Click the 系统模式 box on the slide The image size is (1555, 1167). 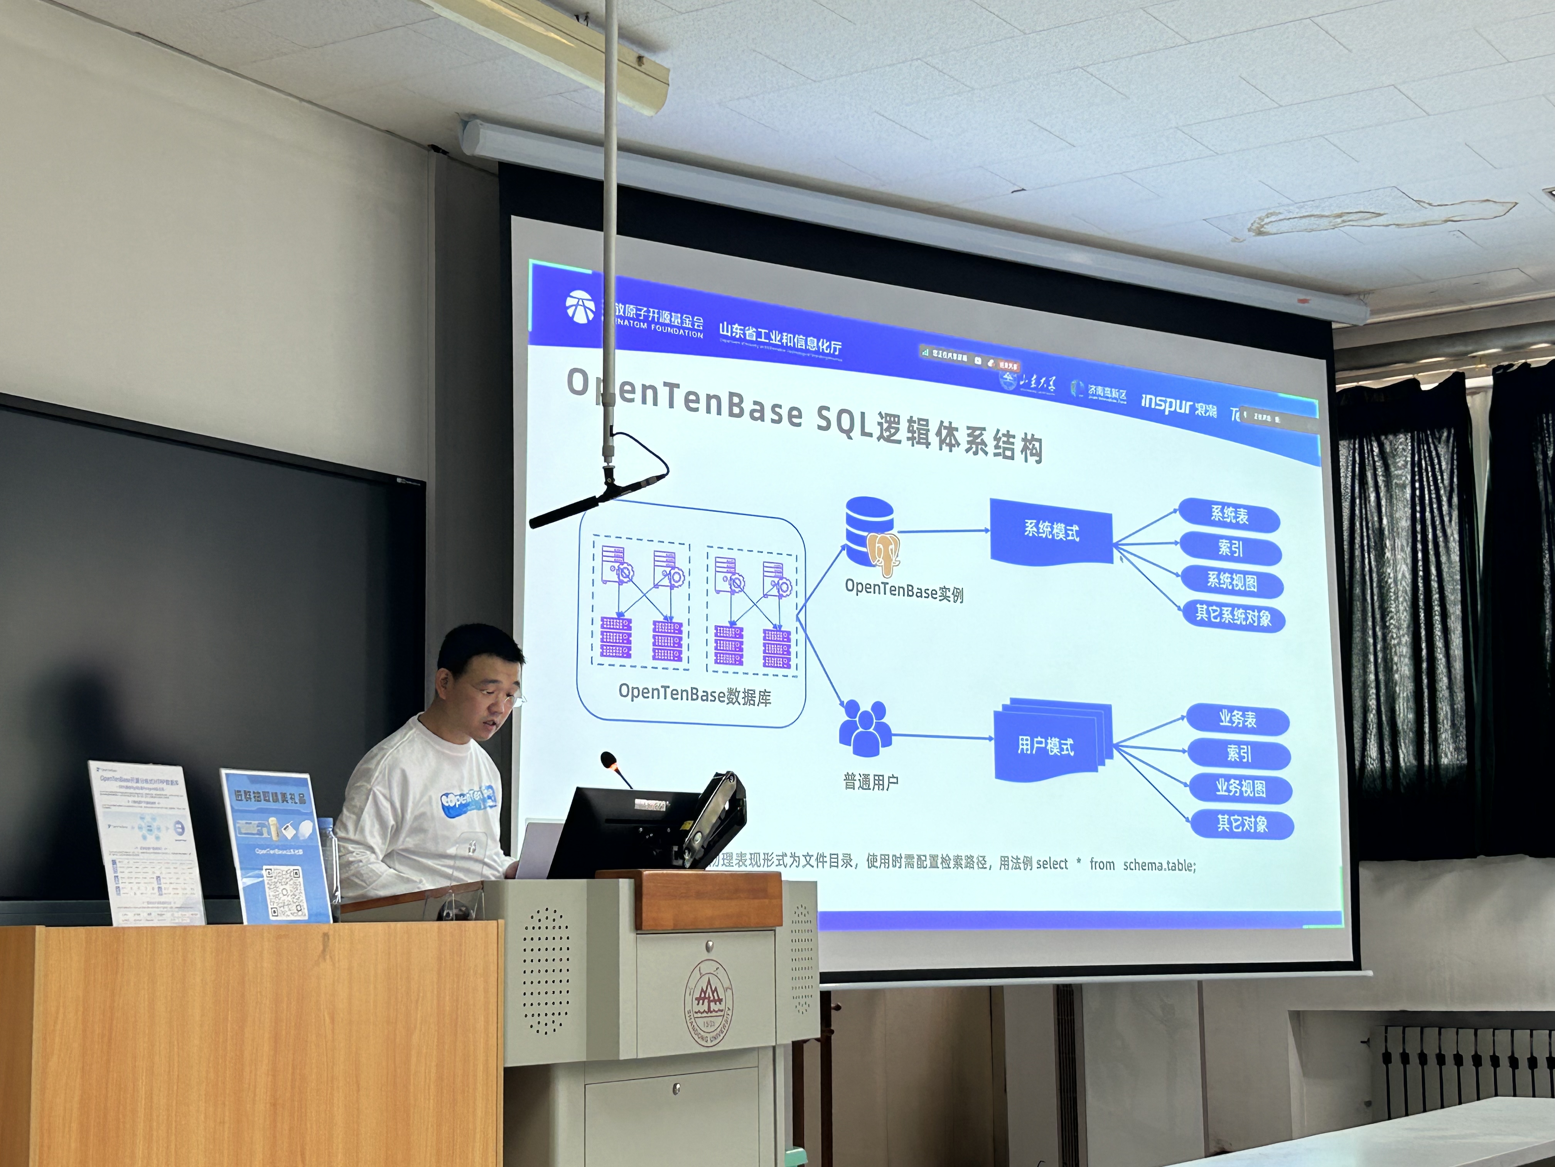[1051, 531]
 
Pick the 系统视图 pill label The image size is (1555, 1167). [1232, 582]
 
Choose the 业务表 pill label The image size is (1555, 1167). [1237, 719]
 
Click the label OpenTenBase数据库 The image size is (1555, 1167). [695, 695]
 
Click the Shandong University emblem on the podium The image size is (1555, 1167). [708, 1002]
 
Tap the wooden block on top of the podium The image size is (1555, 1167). [708, 900]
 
